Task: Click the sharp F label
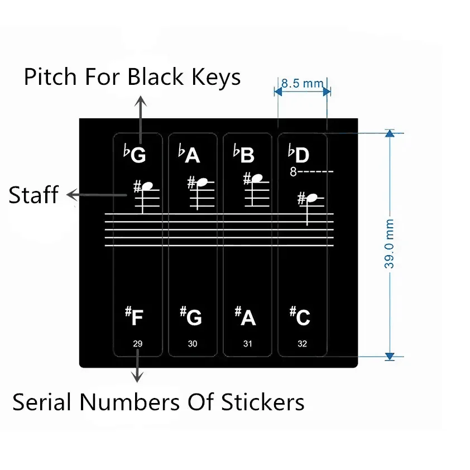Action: click(x=135, y=316)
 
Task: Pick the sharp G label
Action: click(x=190, y=316)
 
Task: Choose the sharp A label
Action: click(x=245, y=316)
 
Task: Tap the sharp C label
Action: click(x=300, y=316)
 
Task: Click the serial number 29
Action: click(x=138, y=344)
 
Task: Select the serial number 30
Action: click(x=193, y=344)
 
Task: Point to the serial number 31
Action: click(x=247, y=344)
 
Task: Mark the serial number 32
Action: click(x=302, y=344)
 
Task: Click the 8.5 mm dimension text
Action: click(x=303, y=84)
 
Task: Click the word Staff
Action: click(x=33, y=195)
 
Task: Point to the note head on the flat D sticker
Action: click(x=313, y=197)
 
